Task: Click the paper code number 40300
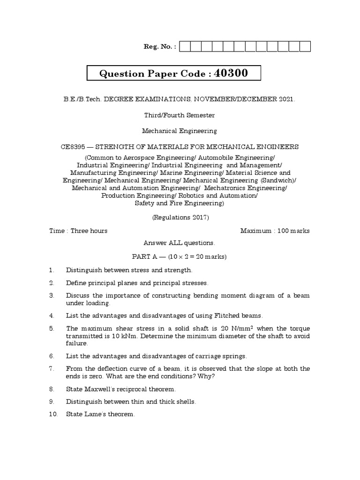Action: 231,73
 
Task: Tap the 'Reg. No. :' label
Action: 159,47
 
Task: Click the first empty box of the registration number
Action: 184,46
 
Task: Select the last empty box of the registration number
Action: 305,46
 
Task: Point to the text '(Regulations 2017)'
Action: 180,217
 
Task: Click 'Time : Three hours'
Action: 78,231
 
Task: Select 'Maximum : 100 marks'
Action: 275,231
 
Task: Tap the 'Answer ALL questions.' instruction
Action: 180,243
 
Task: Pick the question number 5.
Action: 52,329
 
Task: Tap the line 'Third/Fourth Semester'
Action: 180,115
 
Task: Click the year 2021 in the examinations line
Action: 286,99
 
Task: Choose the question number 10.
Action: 52,414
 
